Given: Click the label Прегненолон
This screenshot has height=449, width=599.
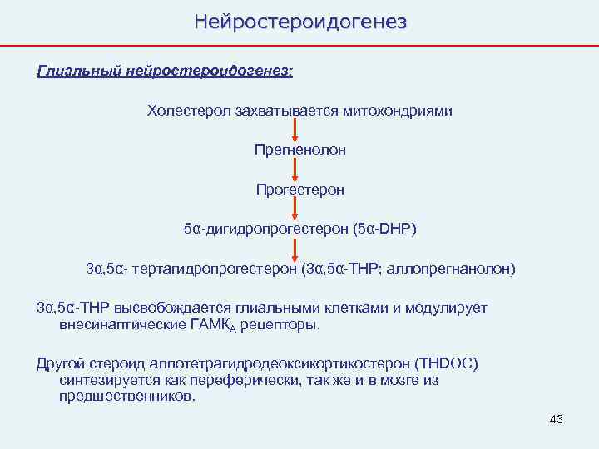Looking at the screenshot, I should pos(299,150).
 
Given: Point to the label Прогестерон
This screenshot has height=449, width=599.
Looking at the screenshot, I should pos(299,190).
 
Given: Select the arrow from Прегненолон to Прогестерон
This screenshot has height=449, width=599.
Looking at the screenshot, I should pos(295,170).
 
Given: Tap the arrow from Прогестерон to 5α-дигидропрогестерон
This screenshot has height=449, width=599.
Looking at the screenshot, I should pos(295,209).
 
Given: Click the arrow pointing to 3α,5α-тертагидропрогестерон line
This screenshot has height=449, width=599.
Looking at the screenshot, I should pos(295,249).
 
